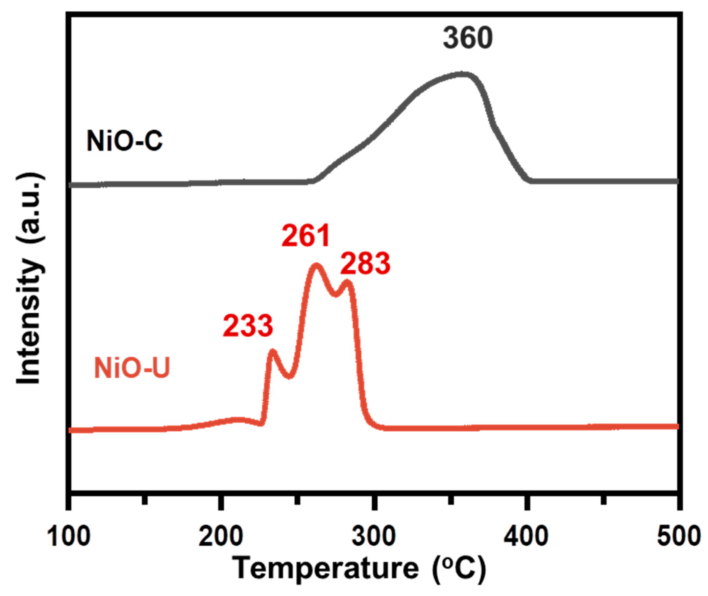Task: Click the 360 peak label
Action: point(467,39)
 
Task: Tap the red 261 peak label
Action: point(306,236)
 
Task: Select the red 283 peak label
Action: point(365,264)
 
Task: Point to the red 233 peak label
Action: point(248,326)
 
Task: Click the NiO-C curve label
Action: point(124,141)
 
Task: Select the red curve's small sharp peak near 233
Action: point(272,352)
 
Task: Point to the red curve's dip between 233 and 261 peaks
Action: point(290,376)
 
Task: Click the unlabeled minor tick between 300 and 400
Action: point(450,500)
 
